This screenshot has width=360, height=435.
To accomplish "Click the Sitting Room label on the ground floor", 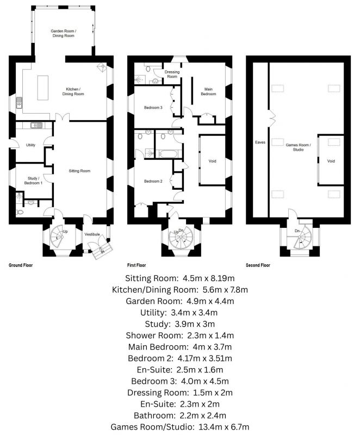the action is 79,171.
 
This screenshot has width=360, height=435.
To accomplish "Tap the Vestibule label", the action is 92,234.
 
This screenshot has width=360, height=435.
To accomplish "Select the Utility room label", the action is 31,145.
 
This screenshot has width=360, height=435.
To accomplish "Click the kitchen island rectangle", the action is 43,88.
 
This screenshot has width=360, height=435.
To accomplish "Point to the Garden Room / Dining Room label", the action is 64,33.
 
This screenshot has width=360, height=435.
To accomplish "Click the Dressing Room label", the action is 172,74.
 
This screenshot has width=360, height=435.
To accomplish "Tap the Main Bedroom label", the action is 208,91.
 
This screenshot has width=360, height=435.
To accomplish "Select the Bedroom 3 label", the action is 153,107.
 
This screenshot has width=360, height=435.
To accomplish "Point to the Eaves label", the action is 260,142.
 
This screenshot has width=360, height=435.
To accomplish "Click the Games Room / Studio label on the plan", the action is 298,147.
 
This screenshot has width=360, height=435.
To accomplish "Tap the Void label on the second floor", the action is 331,161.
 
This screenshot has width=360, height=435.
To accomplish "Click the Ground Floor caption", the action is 21,265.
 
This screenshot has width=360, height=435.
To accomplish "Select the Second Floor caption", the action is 258,265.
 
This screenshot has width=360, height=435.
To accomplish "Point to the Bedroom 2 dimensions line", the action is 179,358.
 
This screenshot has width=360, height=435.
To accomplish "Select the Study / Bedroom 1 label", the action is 33,181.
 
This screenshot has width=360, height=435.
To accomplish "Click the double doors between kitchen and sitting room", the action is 63,117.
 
